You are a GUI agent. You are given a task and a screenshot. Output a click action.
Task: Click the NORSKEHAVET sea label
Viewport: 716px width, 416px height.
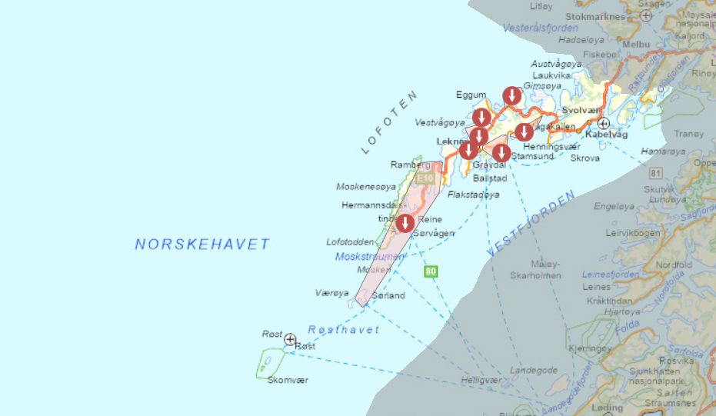[202, 245]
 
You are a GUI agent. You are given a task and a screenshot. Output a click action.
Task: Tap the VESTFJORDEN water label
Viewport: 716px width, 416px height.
[531, 225]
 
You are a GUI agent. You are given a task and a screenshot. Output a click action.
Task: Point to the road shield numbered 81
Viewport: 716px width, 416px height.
[655, 173]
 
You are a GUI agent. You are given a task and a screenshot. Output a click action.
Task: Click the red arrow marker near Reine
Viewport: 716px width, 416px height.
[405, 223]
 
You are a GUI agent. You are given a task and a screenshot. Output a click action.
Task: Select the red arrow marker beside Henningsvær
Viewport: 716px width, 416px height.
[525, 131]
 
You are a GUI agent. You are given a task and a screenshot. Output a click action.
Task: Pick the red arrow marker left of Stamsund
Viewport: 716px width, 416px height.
[501, 152]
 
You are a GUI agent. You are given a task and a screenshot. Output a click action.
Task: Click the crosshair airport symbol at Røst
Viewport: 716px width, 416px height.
[290, 339]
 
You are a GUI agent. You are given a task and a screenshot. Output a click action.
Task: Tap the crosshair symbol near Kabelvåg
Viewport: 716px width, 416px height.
[604, 123]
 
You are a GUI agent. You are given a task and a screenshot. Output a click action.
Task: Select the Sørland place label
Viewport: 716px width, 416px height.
[388, 295]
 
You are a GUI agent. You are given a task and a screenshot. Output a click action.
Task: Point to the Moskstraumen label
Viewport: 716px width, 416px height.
[369, 256]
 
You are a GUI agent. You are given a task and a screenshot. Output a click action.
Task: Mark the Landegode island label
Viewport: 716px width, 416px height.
[534, 370]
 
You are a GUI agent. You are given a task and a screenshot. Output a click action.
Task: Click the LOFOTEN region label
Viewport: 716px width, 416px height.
[390, 122]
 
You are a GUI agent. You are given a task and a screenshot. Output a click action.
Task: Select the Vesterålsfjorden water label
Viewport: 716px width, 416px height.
[541, 28]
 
